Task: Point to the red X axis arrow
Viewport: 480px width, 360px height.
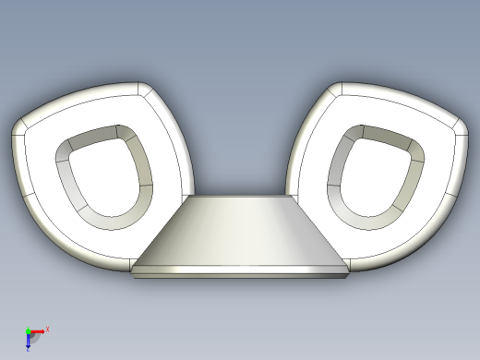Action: coord(39,330)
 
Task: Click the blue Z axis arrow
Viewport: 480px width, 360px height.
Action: coord(29,341)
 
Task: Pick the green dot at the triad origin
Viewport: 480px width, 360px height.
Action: coord(28,330)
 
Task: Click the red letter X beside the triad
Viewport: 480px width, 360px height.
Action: coord(47,329)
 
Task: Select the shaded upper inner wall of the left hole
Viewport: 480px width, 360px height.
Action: coord(92,137)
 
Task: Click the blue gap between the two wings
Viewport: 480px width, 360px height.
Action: coord(240,138)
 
